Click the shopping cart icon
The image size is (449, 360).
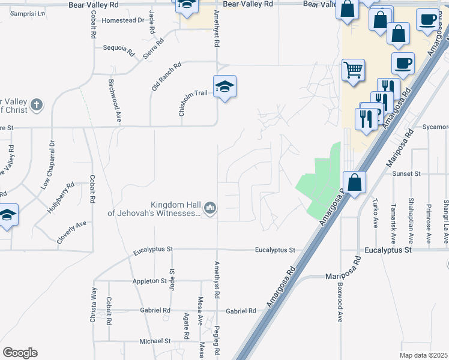tap(353, 70)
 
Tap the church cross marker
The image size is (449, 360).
tap(37, 105)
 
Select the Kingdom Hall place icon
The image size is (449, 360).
tap(210, 208)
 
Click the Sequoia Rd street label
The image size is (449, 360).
tap(118, 49)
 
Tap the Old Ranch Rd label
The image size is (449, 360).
tap(166, 77)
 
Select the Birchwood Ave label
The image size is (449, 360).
tap(115, 101)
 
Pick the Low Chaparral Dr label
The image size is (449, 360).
tap(47, 165)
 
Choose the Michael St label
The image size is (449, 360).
tap(155, 341)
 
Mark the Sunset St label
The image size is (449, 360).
tap(406, 173)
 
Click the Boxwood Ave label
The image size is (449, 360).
tap(340, 302)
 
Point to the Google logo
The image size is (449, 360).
tap(20, 353)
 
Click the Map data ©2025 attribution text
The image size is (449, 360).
tap(423, 355)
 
